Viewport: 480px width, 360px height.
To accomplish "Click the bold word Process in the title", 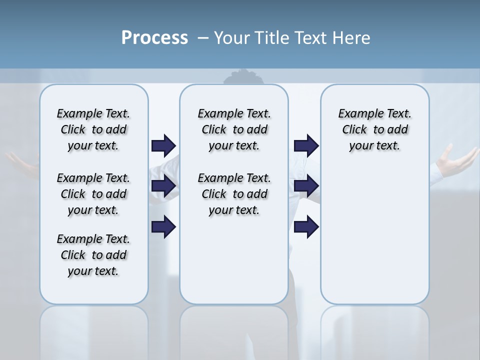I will point(154,38).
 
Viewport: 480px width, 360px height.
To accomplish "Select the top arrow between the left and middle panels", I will point(163,146).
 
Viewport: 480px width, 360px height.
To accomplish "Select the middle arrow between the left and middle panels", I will point(163,186).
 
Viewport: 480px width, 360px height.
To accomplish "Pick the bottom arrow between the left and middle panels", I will point(163,227).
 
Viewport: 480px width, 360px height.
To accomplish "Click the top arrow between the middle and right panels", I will point(306,146).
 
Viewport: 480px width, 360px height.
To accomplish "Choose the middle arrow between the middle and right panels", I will point(306,186).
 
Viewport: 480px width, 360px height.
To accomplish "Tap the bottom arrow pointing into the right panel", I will point(306,227).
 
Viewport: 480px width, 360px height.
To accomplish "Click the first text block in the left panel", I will point(93,129).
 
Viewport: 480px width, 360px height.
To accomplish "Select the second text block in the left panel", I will point(93,194).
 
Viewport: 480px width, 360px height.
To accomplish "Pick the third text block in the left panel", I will point(93,255).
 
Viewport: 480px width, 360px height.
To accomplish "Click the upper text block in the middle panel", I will point(234,129).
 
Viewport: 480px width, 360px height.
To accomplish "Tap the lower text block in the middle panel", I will point(234,194).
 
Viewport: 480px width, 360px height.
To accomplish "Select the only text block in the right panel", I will point(374,129).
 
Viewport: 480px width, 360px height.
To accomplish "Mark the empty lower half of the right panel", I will point(374,240).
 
